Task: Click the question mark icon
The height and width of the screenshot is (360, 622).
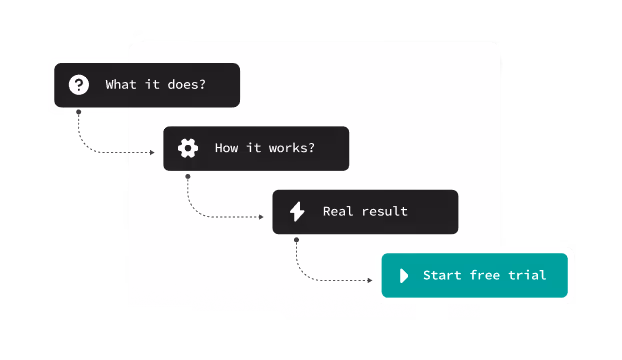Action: (79, 85)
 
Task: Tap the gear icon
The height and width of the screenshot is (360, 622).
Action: (187, 148)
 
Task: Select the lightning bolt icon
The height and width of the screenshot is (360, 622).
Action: (297, 211)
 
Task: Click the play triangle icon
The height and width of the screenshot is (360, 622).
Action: (404, 275)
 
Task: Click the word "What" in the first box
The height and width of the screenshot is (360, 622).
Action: (122, 85)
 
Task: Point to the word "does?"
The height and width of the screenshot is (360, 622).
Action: (185, 85)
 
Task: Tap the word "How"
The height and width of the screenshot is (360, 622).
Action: (227, 148)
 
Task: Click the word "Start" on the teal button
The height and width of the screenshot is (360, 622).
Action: (443, 275)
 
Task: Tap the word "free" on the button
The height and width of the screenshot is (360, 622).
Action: (491, 275)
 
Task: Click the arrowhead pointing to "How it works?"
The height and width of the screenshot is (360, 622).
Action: (153, 152)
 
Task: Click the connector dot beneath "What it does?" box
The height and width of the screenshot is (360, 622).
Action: (78, 112)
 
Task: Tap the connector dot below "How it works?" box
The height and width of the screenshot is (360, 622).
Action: (187, 176)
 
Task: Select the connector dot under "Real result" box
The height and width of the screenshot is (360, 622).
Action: (296, 240)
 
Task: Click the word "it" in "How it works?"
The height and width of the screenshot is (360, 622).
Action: (255, 148)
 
